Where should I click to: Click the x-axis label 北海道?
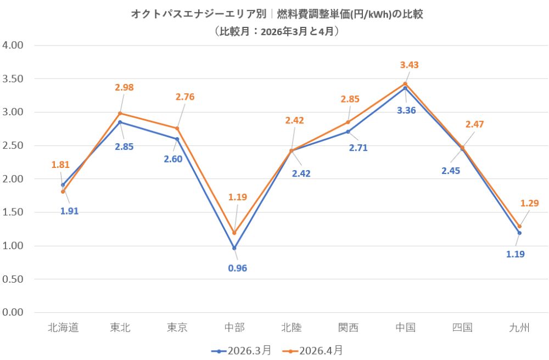tap(63, 328)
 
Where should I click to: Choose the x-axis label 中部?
tap(234, 328)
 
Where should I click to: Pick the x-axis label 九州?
tap(519, 328)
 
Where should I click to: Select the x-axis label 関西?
tap(348, 328)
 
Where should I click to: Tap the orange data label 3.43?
tap(409, 65)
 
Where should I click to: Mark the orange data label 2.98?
tap(124, 87)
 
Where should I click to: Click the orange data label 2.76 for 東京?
tap(185, 97)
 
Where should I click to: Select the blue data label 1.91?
tap(69, 211)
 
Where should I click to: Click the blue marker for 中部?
tap(234, 248)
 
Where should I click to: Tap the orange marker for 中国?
tap(405, 83)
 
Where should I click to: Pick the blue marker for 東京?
tap(177, 139)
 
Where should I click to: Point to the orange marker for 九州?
tap(519, 226)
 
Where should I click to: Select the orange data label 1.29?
tap(529, 203)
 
